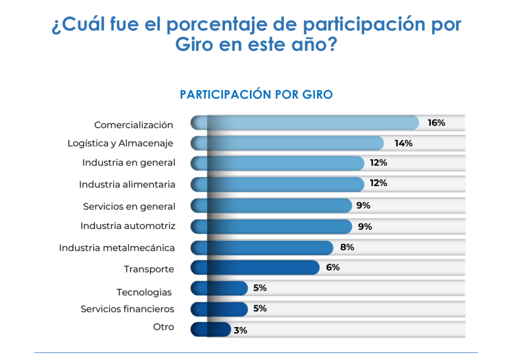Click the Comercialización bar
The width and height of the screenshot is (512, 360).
pyautogui.click(x=305, y=123)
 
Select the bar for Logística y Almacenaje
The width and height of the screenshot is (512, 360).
pyautogui.click(x=287, y=143)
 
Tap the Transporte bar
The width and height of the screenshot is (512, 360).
pyautogui.click(x=255, y=267)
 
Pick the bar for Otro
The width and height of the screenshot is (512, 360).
pyautogui.click(x=210, y=329)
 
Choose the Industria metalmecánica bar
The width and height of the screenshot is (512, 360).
pyautogui.click(x=262, y=247)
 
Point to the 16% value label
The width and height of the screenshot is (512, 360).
pyautogui.click(x=436, y=123)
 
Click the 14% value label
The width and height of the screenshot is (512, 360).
pyautogui.click(x=403, y=143)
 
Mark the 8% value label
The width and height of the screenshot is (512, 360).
pyautogui.click(x=346, y=247)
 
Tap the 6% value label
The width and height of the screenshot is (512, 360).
pyautogui.click(x=332, y=267)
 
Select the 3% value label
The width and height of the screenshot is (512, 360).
pyautogui.click(x=240, y=330)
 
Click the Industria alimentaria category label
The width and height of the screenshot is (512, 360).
pyautogui.click(x=127, y=184)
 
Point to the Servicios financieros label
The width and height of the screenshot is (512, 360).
pyautogui.click(x=127, y=309)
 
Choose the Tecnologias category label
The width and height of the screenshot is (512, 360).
pyautogui.click(x=144, y=292)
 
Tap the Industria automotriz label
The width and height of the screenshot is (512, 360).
pyautogui.click(x=128, y=226)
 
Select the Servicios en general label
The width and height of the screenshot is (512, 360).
pyautogui.click(x=129, y=206)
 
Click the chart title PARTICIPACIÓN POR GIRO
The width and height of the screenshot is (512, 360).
pyautogui.click(x=256, y=94)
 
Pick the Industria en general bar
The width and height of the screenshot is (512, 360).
pyautogui.click(x=277, y=163)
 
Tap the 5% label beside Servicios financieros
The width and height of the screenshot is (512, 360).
pyautogui.click(x=260, y=308)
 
